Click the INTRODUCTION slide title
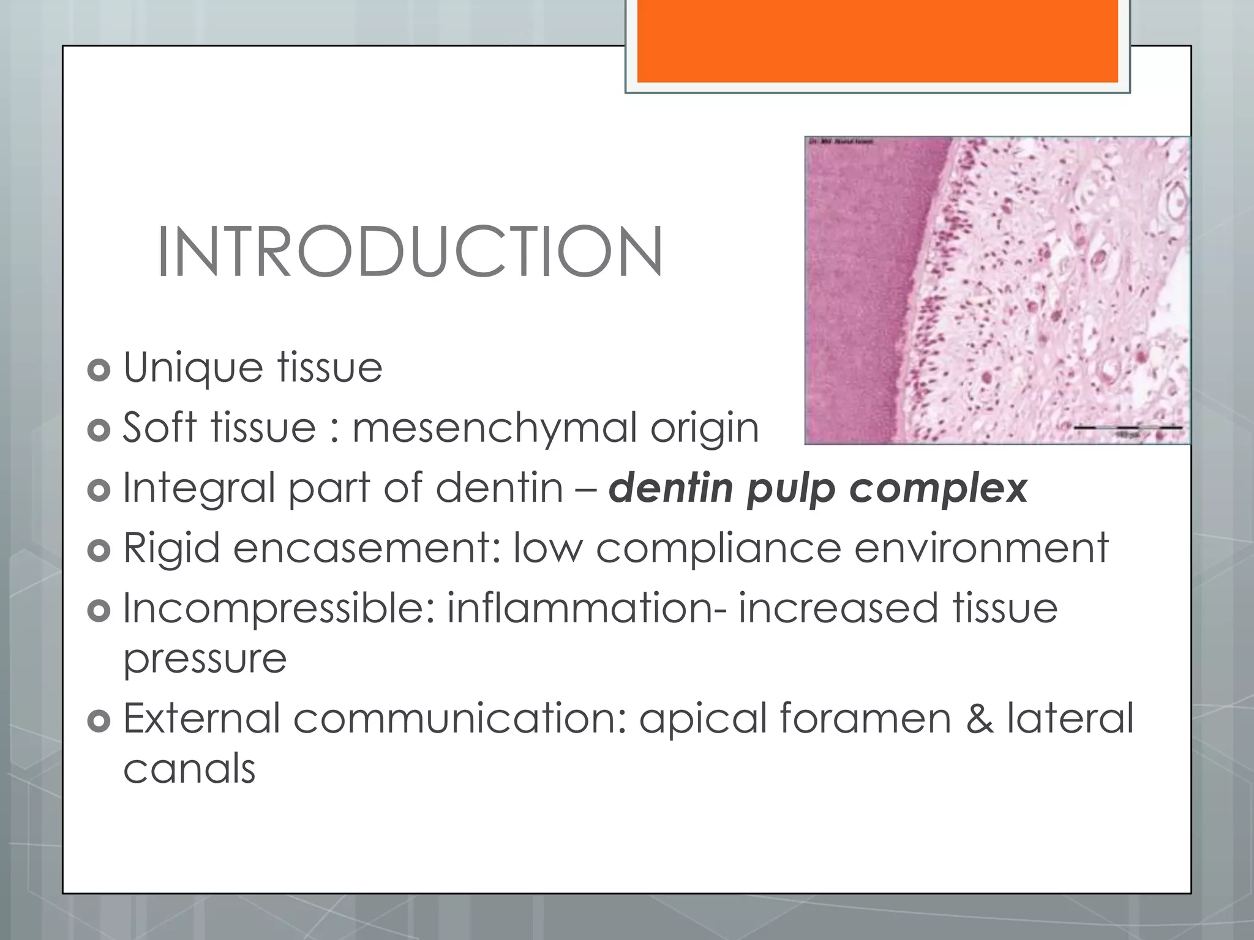tap(409, 252)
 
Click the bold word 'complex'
tap(937, 489)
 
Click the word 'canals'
tap(189, 769)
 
